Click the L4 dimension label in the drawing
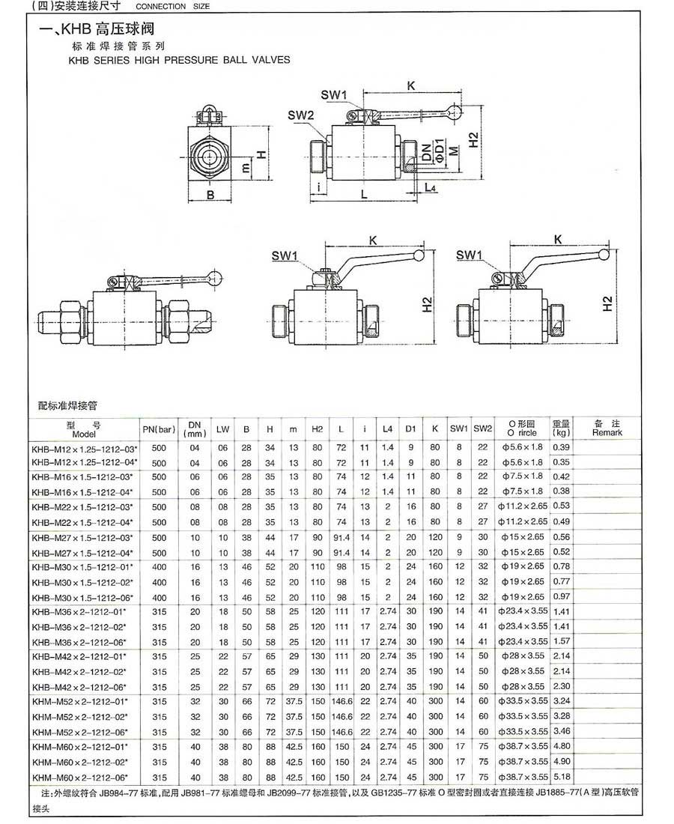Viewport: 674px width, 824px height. (429, 187)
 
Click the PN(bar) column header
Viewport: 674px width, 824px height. (159, 429)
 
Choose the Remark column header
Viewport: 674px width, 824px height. (607, 428)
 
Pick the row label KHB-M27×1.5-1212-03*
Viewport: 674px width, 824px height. (82, 537)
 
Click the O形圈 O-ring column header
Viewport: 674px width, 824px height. (522, 428)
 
